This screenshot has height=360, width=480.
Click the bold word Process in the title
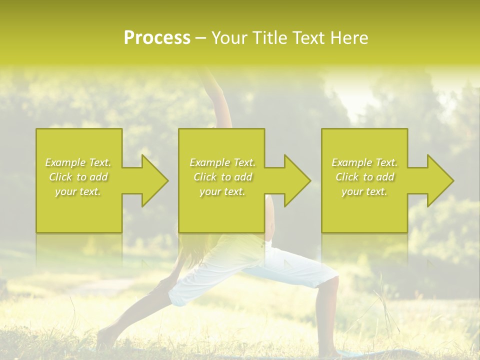tap(157, 38)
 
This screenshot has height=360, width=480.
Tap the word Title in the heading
tap(267, 38)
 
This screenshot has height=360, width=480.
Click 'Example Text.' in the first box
tap(78, 162)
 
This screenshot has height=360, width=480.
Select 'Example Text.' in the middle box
tap(222, 162)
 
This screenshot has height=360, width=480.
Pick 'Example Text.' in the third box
tap(364, 162)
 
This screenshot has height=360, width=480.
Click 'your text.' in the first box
tap(78, 191)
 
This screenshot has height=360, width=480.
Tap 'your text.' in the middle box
tap(222, 191)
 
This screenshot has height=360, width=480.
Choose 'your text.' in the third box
tap(364, 191)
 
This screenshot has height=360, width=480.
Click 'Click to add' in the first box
tap(78, 177)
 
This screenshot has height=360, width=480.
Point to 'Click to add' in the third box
tap(364, 177)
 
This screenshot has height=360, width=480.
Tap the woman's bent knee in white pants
tap(327, 274)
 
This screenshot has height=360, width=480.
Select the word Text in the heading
tap(308, 38)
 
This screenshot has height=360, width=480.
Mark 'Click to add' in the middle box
tap(222, 177)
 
